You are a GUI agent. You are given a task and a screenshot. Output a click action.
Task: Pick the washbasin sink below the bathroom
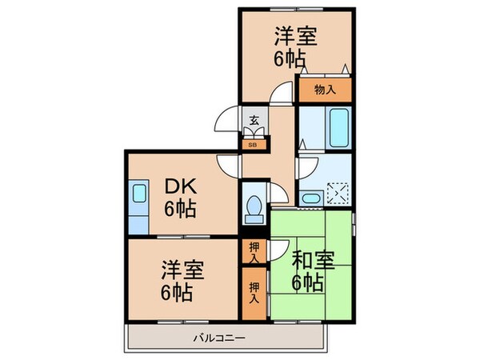(x=311, y=197)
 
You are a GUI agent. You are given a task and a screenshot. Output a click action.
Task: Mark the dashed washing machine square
(x=339, y=193)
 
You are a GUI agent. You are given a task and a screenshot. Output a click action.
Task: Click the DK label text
(x=182, y=186)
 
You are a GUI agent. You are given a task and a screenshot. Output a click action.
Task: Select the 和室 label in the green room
(x=310, y=259)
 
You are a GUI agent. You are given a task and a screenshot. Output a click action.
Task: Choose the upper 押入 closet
(x=253, y=252)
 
